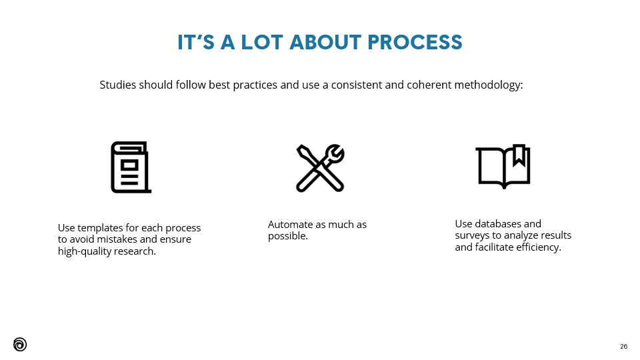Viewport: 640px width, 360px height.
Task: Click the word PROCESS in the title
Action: tap(415, 42)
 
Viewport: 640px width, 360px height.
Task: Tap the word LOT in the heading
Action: tap(262, 42)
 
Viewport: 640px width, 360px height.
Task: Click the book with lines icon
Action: tap(131, 167)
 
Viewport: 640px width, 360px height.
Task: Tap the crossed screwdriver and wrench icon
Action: tap(321, 168)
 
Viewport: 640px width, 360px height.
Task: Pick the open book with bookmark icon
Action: tap(503, 166)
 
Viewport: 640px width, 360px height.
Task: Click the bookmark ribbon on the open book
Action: tap(519, 155)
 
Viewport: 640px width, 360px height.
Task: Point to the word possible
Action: tap(288, 236)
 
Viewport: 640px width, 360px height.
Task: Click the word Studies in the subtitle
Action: tap(118, 85)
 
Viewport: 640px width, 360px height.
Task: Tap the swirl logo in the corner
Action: tap(20, 345)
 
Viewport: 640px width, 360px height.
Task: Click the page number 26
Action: tap(624, 347)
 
